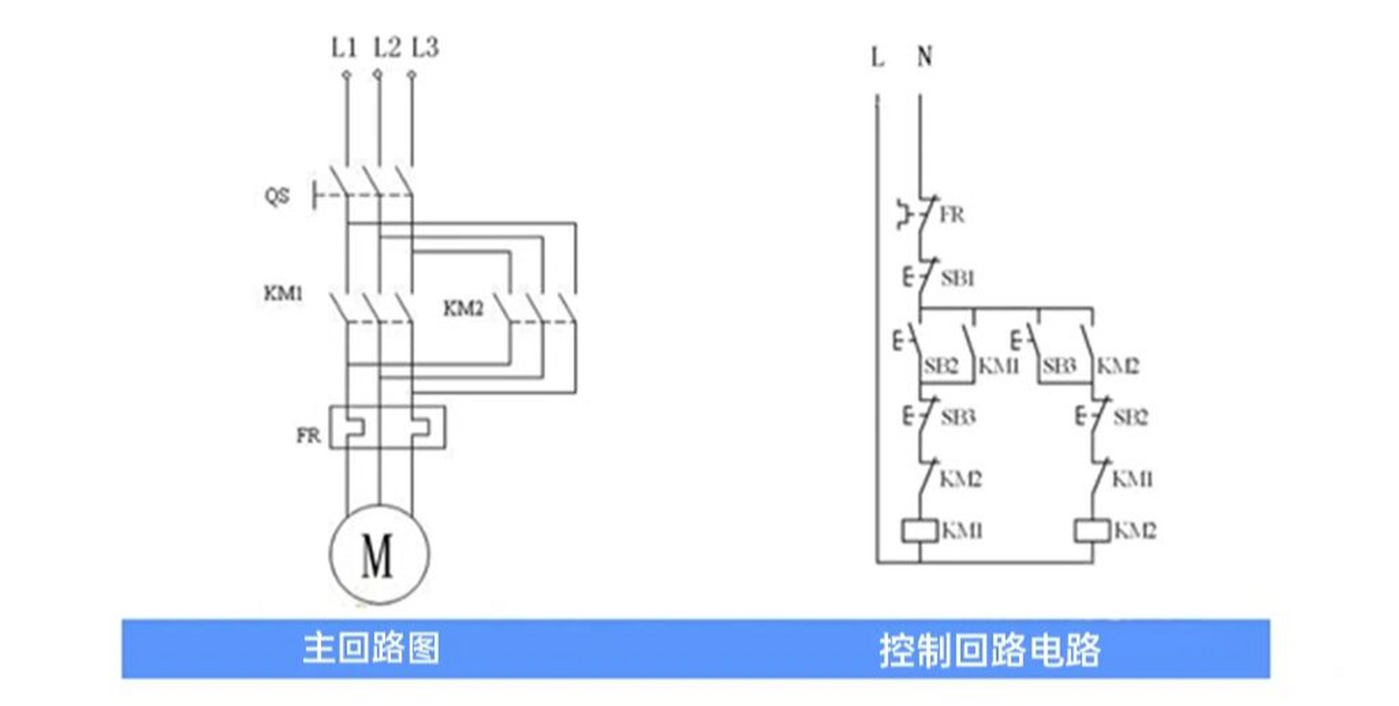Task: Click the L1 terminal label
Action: (344, 48)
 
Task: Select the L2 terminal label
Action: (387, 48)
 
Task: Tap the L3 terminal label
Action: (425, 48)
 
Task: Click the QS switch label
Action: (277, 196)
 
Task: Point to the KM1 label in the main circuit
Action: (284, 293)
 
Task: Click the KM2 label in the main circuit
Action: (464, 308)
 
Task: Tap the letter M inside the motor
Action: (377, 555)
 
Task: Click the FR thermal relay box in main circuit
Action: (387, 427)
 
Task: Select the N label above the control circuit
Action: (925, 56)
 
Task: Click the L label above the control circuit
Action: (877, 57)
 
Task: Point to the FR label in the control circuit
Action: (952, 215)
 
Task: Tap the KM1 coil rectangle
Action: (920, 531)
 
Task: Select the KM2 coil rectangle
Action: (1092, 531)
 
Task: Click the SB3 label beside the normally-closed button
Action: (958, 417)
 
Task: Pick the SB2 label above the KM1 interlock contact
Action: (1130, 417)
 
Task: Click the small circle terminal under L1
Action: (347, 74)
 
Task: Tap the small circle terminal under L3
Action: (412, 74)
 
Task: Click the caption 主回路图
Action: (371, 648)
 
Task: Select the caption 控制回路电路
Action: (990, 650)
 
